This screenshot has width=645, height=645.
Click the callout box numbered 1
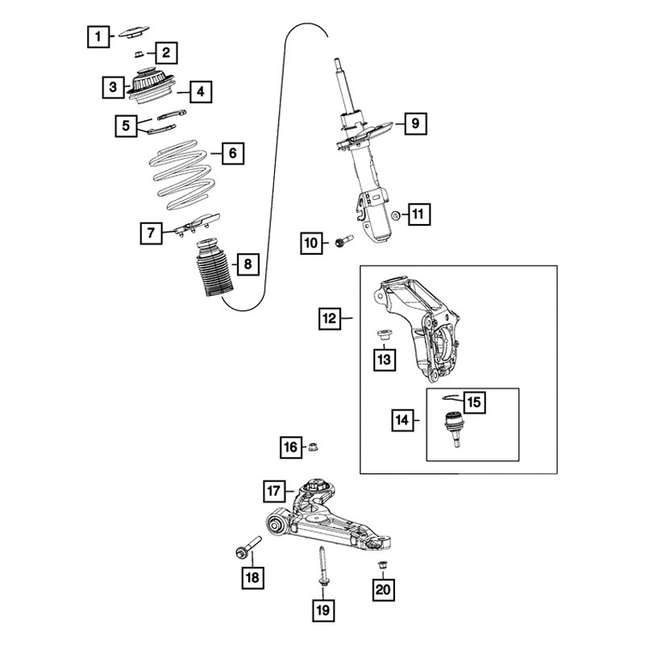pyautogui.click(x=98, y=37)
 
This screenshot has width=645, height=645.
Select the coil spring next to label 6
pyautogui.click(x=182, y=175)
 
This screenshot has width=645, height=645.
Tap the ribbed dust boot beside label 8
pyautogui.click(x=214, y=268)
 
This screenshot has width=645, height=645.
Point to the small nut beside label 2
pyautogui.click(x=139, y=54)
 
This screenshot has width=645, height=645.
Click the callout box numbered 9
pyautogui.click(x=415, y=123)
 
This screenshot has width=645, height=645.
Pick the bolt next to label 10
pyautogui.click(x=344, y=241)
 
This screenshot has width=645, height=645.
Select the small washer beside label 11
pyautogui.click(x=396, y=215)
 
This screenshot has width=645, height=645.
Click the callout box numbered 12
pyautogui.click(x=330, y=318)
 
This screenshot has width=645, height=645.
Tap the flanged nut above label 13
pyautogui.click(x=384, y=335)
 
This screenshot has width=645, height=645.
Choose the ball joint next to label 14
pyautogui.click(x=454, y=429)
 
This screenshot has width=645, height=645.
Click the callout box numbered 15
pyautogui.click(x=474, y=402)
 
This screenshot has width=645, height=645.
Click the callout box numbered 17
pyautogui.click(x=274, y=491)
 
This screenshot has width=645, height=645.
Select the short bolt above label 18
pyautogui.click(x=249, y=547)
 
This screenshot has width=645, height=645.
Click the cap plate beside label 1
pyautogui.click(x=134, y=32)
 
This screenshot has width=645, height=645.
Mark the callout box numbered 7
pyautogui.click(x=151, y=233)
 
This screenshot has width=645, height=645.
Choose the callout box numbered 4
pyautogui.click(x=201, y=91)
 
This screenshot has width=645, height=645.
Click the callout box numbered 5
pyautogui.click(x=127, y=126)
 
